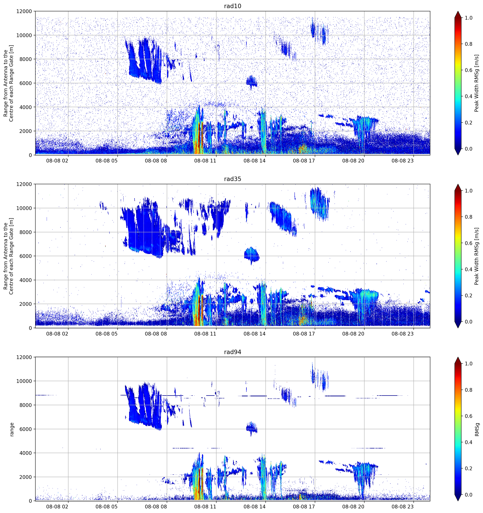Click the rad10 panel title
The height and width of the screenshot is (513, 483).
(232, 6)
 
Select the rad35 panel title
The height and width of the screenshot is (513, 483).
(232, 179)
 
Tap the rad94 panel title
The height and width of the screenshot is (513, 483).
(232, 352)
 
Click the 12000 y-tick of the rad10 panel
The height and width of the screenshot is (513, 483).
(24, 11)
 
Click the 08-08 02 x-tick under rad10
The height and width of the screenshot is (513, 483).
(57, 161)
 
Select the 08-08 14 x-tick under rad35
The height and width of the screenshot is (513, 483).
(254, 334)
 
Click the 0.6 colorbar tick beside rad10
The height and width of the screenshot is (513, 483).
(468, 70)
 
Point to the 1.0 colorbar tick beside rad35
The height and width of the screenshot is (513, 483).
(468, 191)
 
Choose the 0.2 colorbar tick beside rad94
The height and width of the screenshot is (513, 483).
(468, 468)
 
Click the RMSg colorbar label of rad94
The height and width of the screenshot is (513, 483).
(477, 429)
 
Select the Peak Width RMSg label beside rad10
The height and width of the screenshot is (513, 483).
(477, 83)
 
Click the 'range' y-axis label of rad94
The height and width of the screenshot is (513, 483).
(12, 429)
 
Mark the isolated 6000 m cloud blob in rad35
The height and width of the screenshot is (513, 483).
(251, 255)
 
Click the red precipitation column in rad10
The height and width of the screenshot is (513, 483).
(198, 139)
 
